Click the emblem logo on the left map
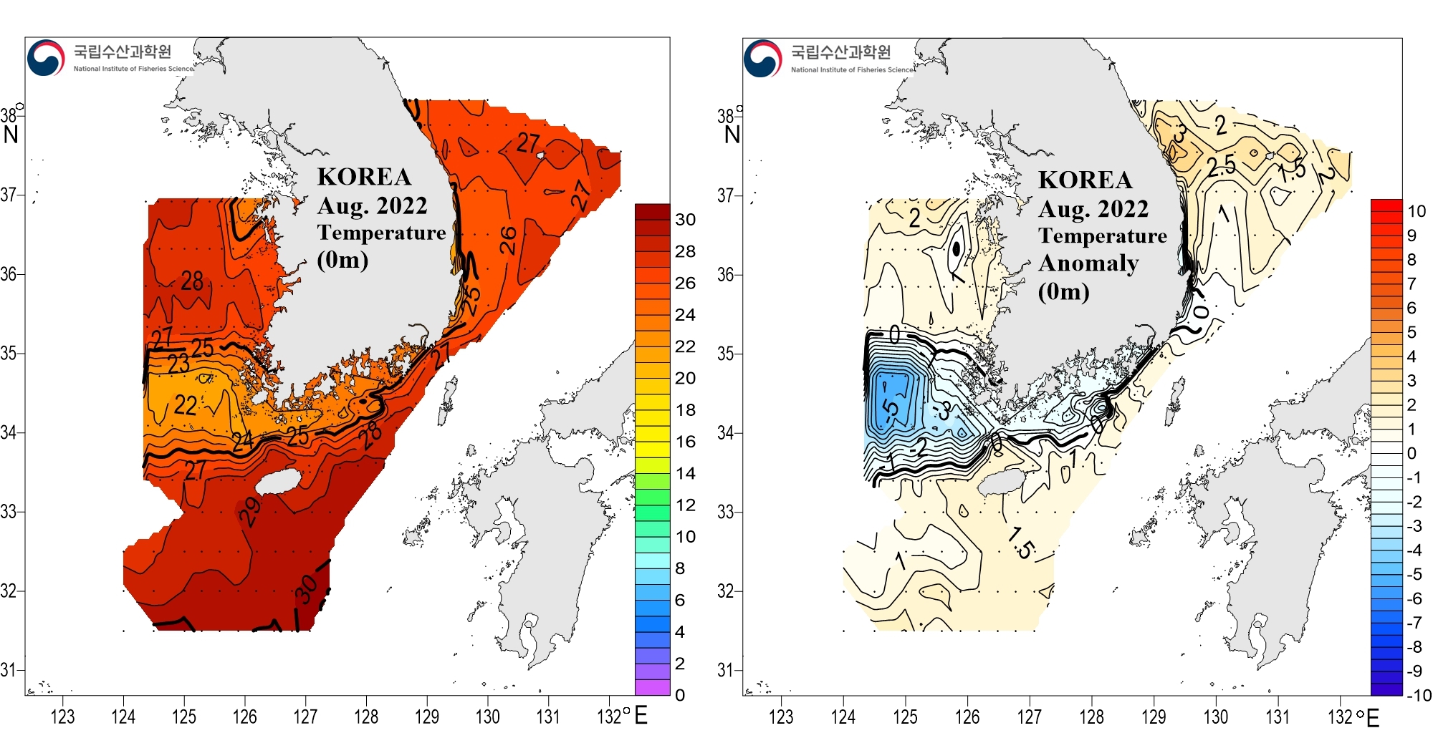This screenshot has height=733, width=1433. coord(46,57)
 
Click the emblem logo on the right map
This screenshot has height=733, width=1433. coord(762,58)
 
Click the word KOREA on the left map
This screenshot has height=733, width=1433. coord(364,177)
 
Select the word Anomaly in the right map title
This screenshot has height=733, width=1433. coord(1088,263)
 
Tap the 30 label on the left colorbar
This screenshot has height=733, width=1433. coord(685,220)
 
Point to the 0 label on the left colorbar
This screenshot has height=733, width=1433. coord(680,694)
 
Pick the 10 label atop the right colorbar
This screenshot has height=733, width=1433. coord(1417,211)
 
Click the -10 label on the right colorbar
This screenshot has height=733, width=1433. coord(1418,695)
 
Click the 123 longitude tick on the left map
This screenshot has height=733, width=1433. coord(62,717)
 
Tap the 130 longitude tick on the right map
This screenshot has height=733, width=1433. coord(1216,717)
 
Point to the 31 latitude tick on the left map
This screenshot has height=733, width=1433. coord(9,670)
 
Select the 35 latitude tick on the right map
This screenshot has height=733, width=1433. coord(726,354)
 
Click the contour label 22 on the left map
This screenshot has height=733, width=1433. coord(186,405)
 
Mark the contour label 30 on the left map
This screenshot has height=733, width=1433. coord(306,589)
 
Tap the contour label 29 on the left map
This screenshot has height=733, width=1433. coord(249,512)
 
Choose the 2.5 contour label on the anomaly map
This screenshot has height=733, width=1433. coord(1221,166)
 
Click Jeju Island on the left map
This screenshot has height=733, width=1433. coord(278,481)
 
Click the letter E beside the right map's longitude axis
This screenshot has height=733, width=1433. coord(1373,717)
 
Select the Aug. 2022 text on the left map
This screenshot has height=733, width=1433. coord(372,206)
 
